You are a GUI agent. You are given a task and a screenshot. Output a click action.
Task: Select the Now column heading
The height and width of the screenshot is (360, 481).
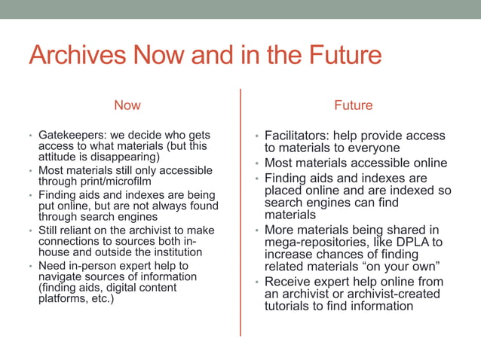127,105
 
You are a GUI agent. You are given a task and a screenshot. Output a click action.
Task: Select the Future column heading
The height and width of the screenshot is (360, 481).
354,105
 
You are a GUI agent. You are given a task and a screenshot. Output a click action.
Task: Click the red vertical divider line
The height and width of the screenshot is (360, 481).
240,211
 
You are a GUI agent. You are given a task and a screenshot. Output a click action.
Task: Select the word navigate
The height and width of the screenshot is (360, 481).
60,277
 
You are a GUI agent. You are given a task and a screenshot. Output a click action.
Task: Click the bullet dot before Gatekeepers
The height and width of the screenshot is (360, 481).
30,136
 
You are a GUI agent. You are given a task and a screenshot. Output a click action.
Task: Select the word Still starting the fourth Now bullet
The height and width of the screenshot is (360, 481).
49,230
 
